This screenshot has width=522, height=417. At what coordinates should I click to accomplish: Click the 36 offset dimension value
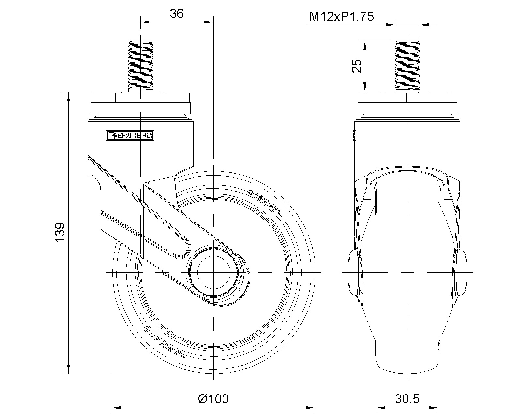coord(177,14)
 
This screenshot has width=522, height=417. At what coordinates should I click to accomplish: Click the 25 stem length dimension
coord(357,66)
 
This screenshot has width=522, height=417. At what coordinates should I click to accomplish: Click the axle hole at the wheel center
coord(213,272)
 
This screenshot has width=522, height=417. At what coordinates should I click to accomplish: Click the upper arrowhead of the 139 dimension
coord(68,97)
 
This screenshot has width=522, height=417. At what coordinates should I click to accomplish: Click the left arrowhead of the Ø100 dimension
coord(116,408)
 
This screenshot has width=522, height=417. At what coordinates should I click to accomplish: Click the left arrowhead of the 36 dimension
coord(145,22)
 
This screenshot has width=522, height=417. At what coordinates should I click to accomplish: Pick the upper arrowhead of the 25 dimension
coord(364,46)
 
